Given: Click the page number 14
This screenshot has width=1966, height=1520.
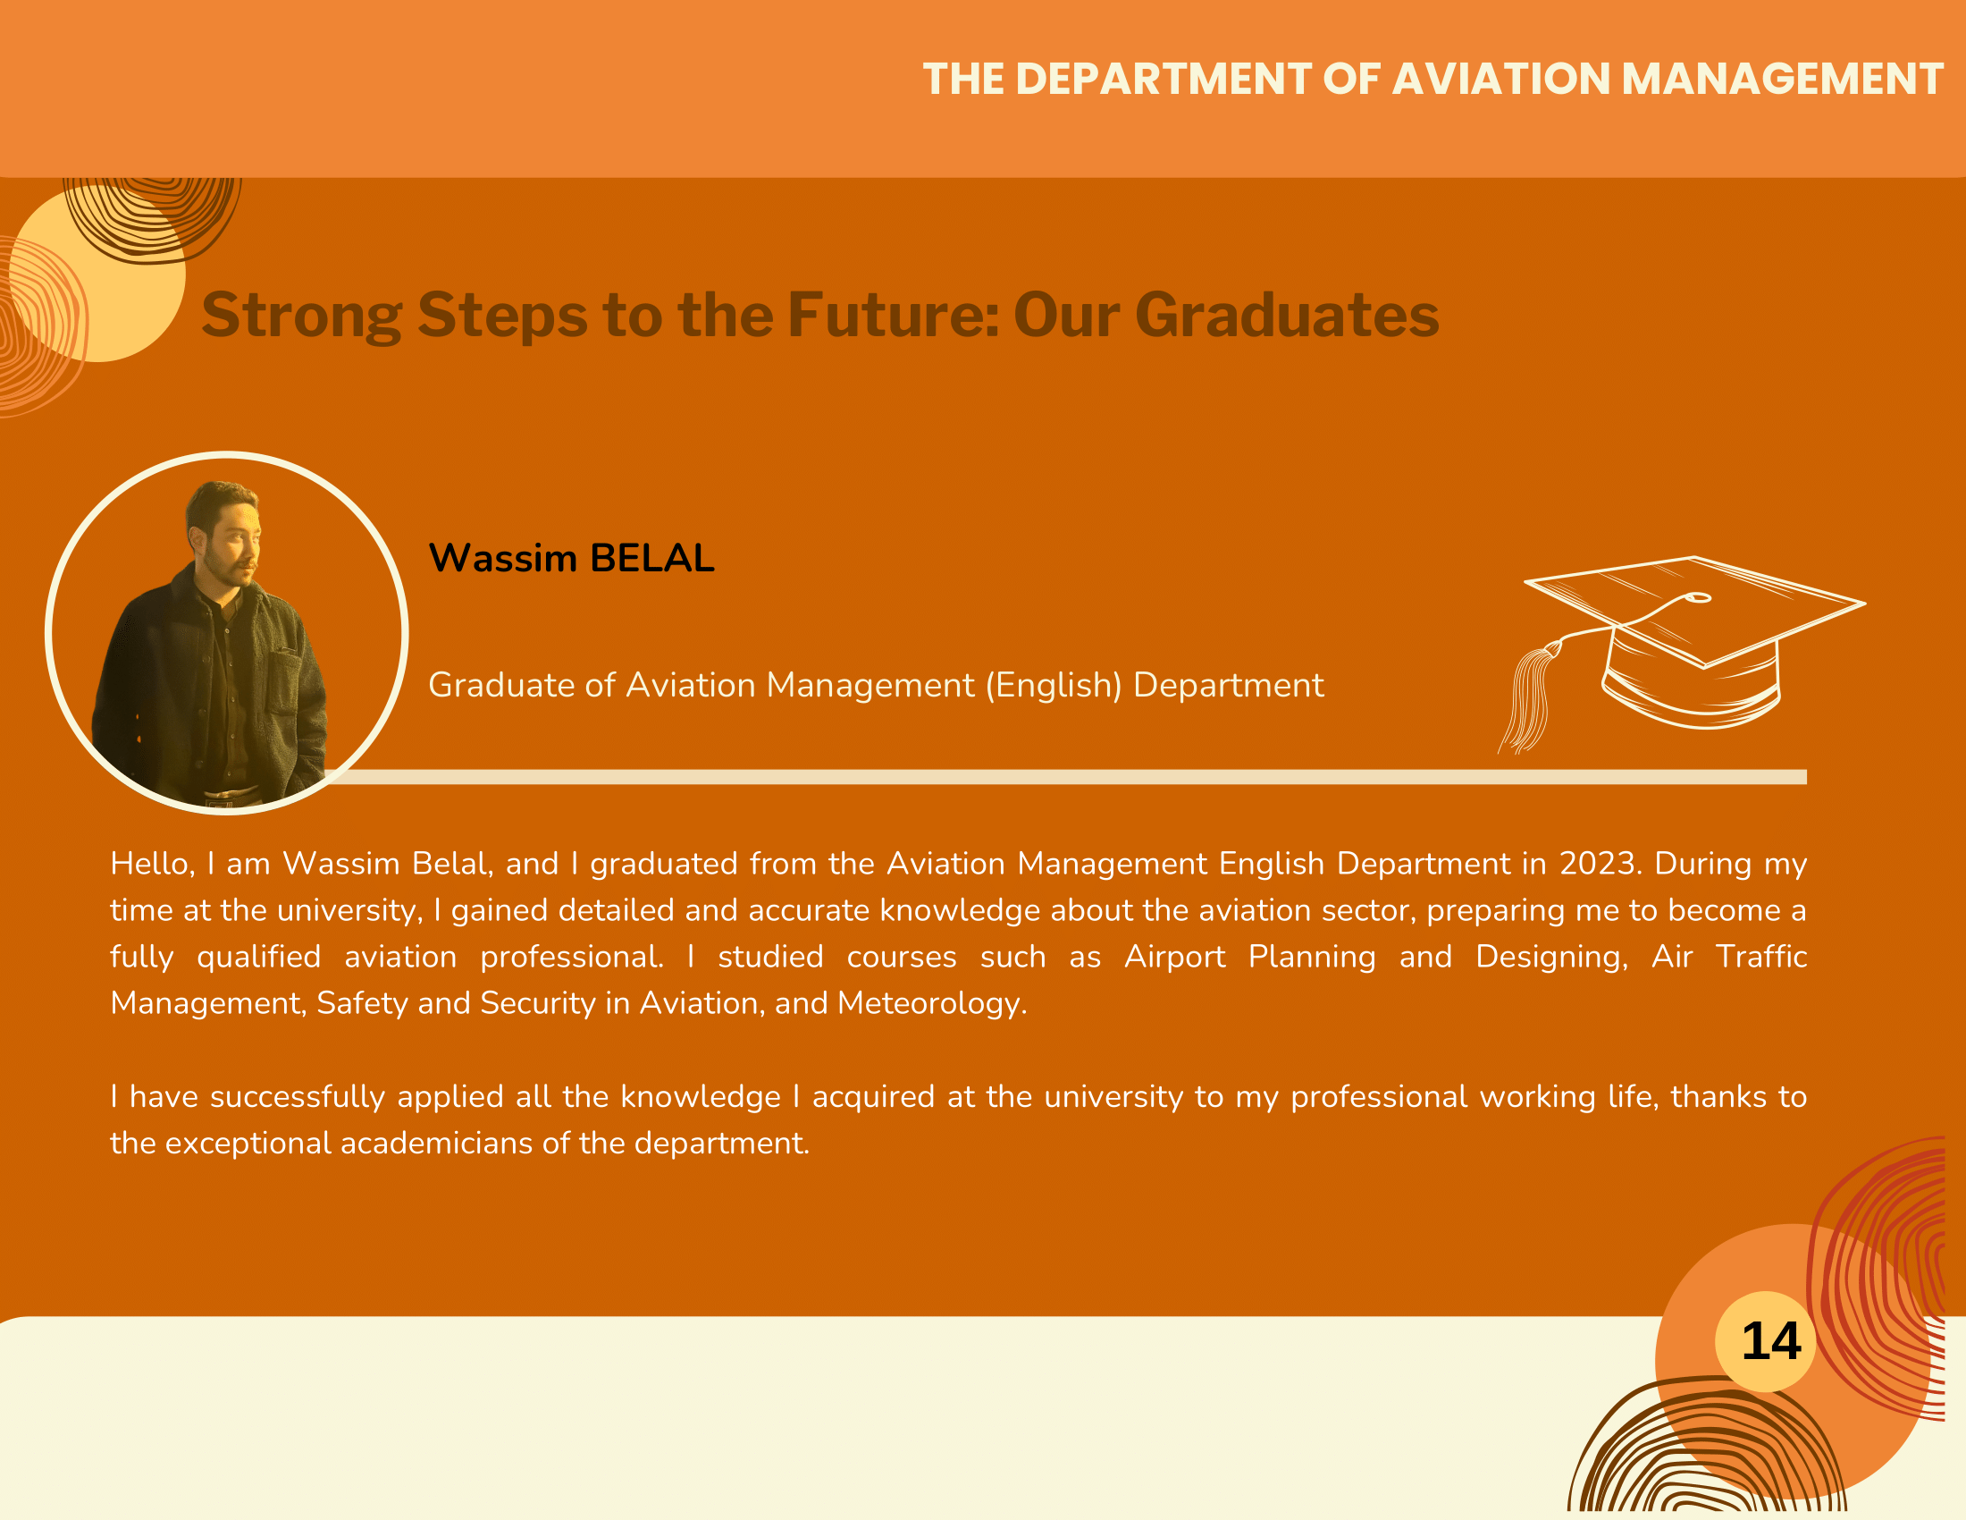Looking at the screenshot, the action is coord(1770,1342).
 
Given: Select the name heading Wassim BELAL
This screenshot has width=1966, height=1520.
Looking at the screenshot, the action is coord(572,558).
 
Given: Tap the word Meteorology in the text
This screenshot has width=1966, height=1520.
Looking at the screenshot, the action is coord(933,1004).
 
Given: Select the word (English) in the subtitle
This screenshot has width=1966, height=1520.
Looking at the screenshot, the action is coord(1054,685).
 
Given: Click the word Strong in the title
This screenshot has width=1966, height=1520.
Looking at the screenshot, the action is coord(301,316).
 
